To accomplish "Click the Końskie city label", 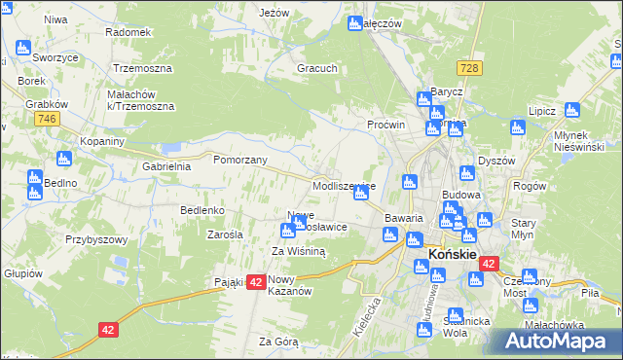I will (452, 255).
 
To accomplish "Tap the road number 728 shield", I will (470, 68).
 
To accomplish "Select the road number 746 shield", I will (45, 119).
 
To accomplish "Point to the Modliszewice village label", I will (344, 185).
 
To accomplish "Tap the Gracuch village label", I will (318, 69).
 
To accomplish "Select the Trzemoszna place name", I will (142, 69).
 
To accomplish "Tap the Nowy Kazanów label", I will (288, 285).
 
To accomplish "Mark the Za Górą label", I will (278, 342).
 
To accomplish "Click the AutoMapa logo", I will (555, 342).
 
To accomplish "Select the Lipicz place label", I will (541, 112).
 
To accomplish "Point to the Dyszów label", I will (495, 162).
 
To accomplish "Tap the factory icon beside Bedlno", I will (35, 179).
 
